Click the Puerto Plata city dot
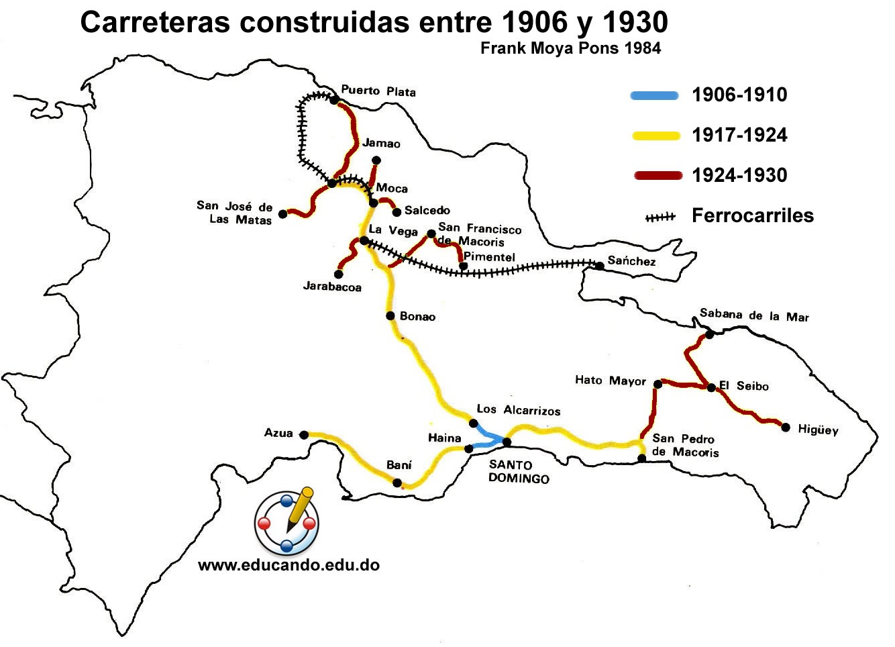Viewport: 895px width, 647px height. [334, 100]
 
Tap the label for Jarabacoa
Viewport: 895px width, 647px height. [332, 287]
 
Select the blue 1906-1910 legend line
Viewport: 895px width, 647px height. [655, 95]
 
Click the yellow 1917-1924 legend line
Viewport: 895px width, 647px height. [655, 136]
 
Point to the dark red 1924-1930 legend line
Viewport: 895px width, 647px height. [655, 176]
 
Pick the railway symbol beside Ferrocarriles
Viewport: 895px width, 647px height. [660, 217]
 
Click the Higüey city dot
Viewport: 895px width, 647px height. [786, 427]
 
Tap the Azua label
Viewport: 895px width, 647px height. [278, 434]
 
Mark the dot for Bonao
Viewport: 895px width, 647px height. [390, 315]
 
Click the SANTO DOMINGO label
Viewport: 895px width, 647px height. [519, 472]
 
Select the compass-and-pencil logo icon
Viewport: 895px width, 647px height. [287, 521]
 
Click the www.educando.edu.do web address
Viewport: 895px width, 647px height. [288, 565]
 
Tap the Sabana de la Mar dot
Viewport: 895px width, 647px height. [710, 334]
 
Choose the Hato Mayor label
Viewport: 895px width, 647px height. [610, 381]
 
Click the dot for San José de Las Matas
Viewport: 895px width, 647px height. [283, 213]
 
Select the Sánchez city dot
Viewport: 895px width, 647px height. [600, 266]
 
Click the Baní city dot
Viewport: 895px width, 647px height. [397, 483]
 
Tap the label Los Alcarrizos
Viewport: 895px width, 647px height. [518, 410]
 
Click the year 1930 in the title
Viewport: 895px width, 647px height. [635, 23]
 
